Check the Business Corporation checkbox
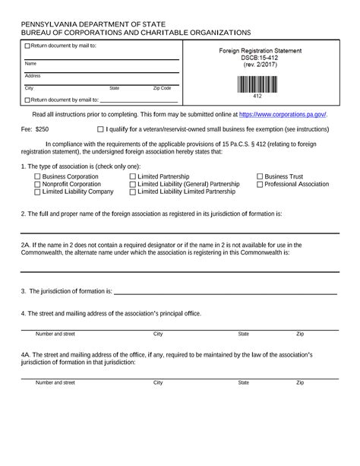(38, 176)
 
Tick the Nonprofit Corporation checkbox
(38, 184)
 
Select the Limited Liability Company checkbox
(38, 192)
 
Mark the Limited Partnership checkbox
(133, 176)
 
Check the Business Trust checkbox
(260, 176)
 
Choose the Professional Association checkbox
(260, 184)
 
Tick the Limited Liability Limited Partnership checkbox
(133, 192)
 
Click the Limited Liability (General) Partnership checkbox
(133, 184)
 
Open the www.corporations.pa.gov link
(283, 114)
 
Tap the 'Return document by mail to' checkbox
(28, 46)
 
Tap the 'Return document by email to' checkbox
(28, 100)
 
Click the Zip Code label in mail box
(162, 88)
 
